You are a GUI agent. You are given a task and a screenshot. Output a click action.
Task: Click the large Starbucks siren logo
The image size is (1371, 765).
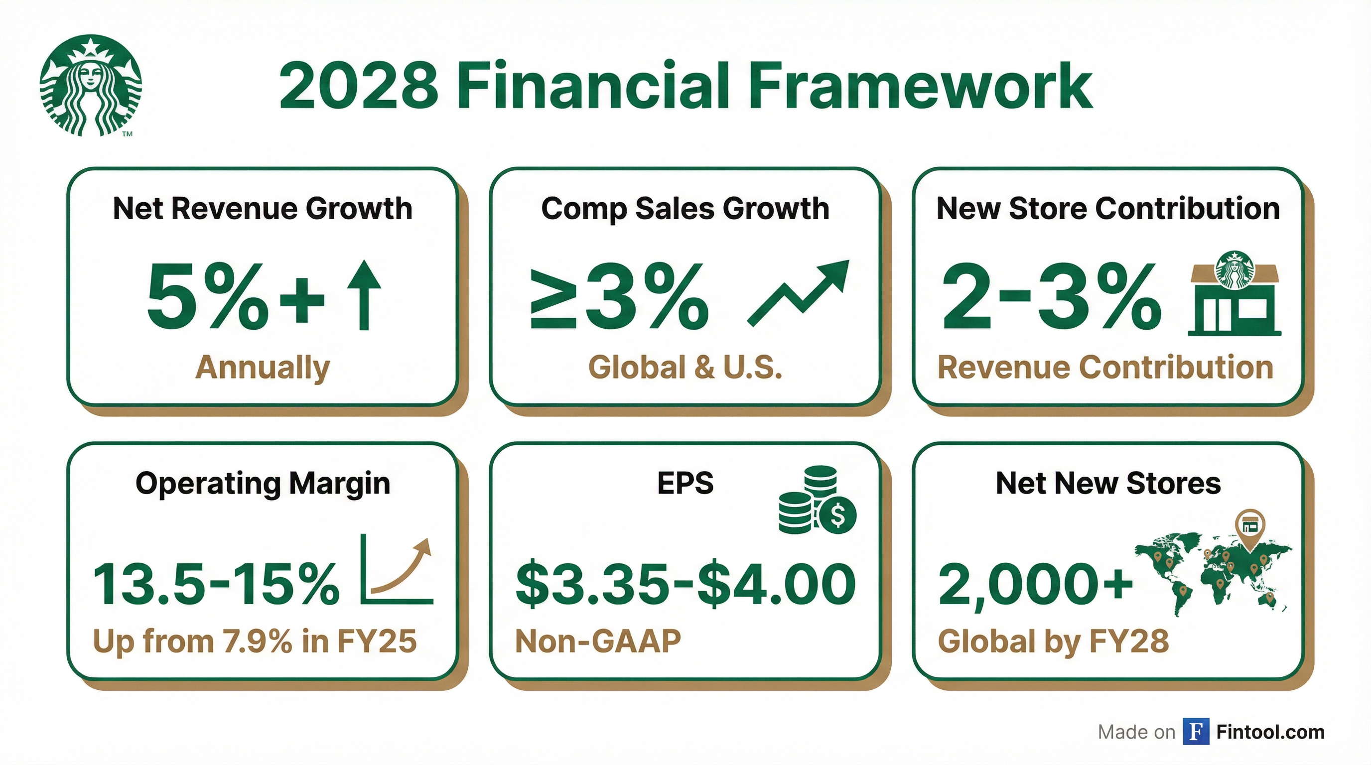91,85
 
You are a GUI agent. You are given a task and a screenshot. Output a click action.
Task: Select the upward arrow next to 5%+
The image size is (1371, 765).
364,295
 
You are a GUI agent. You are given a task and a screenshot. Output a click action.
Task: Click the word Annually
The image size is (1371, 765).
263,368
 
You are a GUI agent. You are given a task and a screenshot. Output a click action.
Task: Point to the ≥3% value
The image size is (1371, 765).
619,296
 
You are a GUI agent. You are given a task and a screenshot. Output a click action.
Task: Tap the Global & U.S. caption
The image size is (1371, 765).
685,368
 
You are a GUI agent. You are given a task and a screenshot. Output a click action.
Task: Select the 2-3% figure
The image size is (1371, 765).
1051,296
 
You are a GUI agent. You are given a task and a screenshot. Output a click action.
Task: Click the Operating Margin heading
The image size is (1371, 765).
263,484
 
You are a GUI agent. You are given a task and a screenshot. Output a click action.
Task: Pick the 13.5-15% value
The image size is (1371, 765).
216,585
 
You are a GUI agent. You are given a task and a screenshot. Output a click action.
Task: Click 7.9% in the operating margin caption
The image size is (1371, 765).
258,641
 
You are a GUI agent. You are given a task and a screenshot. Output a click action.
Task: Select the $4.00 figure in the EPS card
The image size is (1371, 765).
776,585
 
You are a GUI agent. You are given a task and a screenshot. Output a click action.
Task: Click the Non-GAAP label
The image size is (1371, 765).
598,641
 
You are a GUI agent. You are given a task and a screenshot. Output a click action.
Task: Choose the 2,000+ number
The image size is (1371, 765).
1035,585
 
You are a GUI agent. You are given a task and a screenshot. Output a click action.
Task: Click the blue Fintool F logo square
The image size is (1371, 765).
1195,732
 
